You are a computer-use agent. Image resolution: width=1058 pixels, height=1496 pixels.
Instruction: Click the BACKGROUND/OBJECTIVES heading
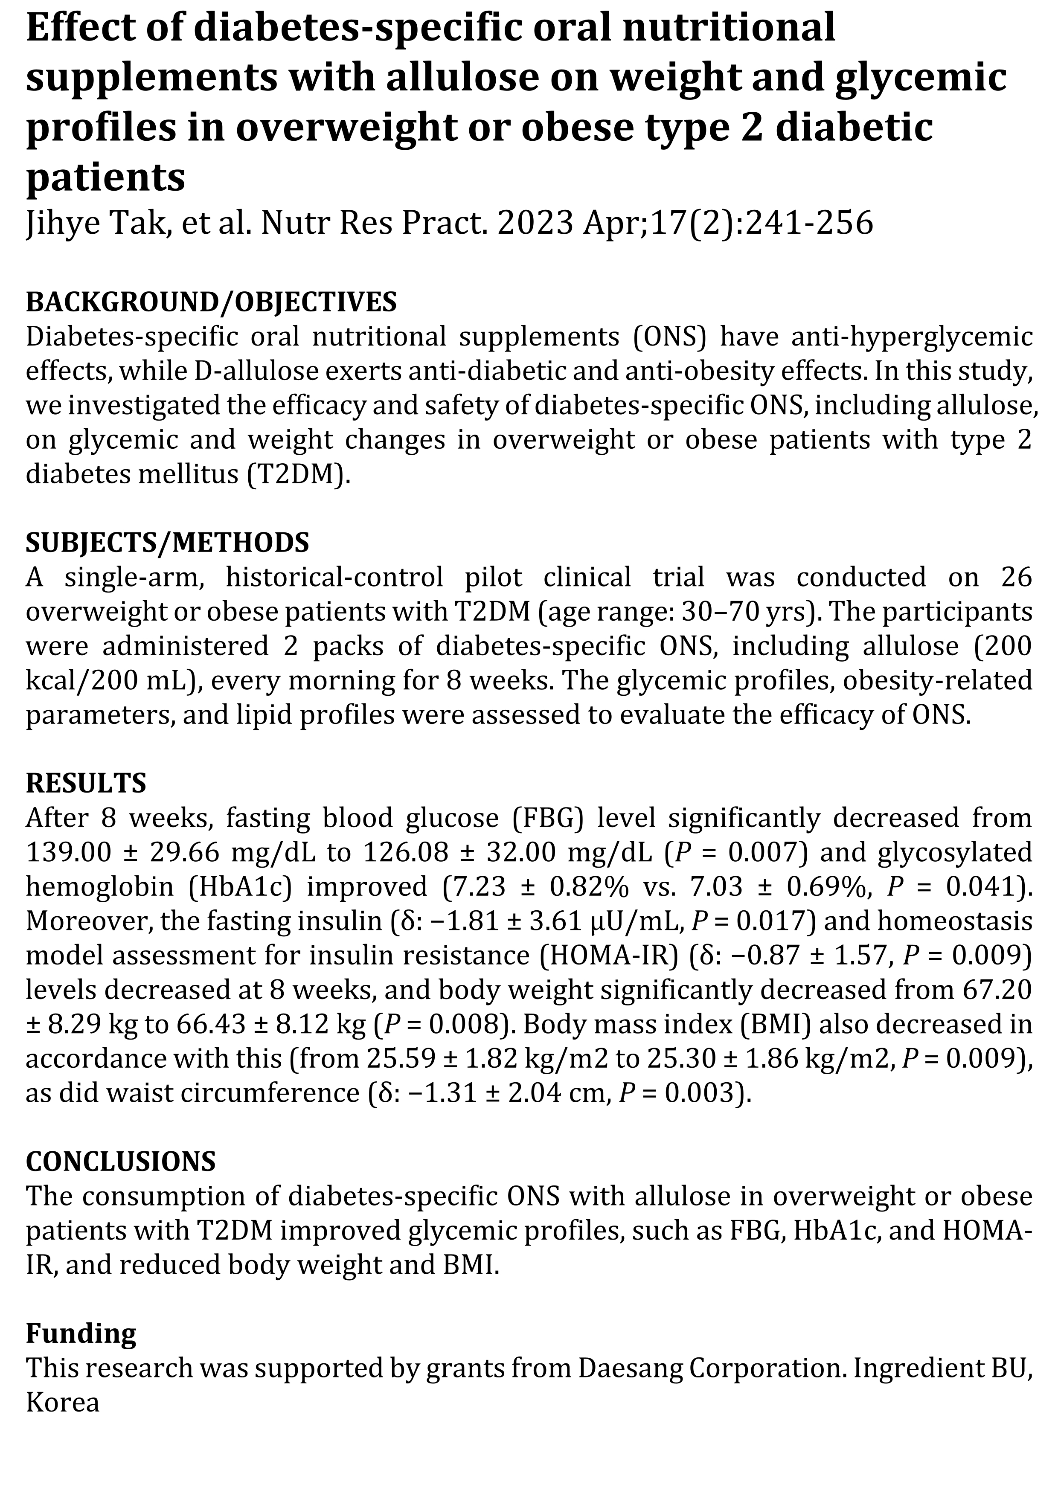[211, 302]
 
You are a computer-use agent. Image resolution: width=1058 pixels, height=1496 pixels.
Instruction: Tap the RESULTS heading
[86, 782]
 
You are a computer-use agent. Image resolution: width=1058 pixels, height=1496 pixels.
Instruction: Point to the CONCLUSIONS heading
[121, 1160]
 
